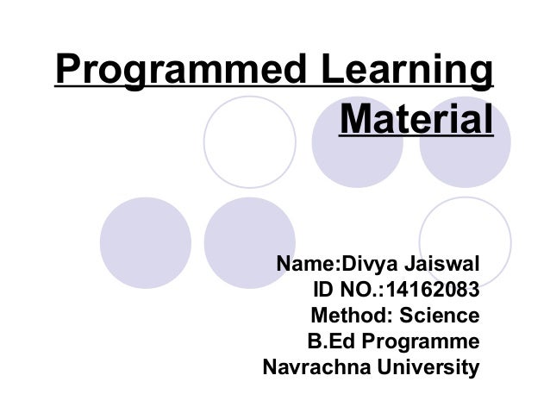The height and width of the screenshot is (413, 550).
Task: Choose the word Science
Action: tap(439, 315)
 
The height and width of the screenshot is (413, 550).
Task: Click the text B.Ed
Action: tap(328, 341)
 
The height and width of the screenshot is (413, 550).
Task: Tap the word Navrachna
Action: tap(316, 368)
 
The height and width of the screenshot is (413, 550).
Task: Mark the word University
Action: tap(431, 368)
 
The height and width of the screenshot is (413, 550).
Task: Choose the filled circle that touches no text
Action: tap(145, 241)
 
